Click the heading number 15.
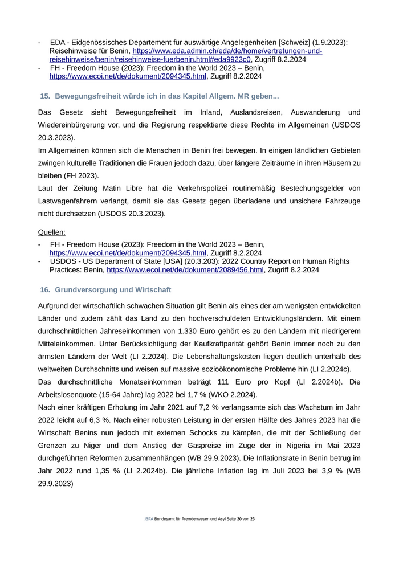click(45, 96)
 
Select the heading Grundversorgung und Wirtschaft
click(113, 290)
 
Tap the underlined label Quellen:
click(51, 232)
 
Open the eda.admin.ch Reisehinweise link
click(228, 51)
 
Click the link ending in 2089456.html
click(185, 270)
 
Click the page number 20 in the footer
click(239, 519)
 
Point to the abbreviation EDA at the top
click(58, 43)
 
